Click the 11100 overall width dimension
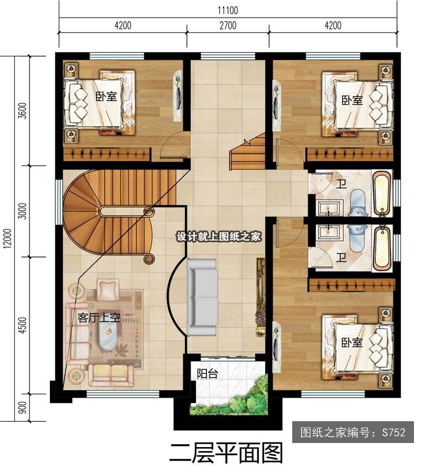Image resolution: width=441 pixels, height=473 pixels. click(228, 11)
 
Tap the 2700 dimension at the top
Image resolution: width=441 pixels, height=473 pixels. click(228, 25)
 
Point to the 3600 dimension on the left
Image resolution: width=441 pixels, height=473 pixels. click(23, 111)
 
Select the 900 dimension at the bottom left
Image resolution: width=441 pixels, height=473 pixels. click(23, 408)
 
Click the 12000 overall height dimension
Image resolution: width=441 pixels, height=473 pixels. click(8, 238)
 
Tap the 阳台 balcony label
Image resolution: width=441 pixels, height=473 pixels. click(208, 374)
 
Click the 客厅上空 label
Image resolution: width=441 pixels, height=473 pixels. click(99, 318)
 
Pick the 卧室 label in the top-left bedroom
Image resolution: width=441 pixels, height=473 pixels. click(106, 96)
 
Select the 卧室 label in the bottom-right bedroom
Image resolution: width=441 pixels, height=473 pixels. click(352, 342)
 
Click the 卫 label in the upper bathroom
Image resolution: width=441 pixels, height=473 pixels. click(341, 184)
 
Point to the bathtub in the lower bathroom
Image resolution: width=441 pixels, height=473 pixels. click(382, 248)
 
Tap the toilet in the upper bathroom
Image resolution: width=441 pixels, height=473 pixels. click(358, 203)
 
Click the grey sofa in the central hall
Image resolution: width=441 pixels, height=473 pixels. click(202, 298)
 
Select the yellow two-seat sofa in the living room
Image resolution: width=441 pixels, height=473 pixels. click(112, 375)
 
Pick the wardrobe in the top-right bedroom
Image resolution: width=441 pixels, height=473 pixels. click(349, 155)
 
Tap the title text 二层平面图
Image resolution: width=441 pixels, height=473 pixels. click(226, 453)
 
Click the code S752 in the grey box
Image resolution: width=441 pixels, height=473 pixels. click(394, 432)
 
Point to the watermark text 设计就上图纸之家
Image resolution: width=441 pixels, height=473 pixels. click(219, 237)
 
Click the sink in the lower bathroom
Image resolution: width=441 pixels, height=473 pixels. click(329, 231)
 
